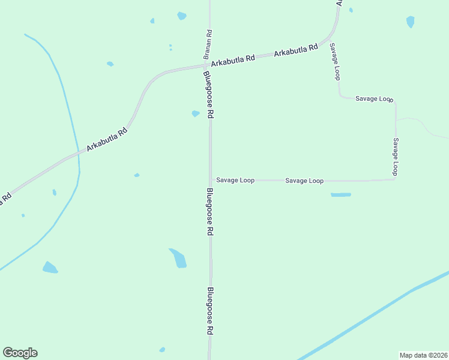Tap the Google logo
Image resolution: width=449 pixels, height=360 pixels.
pos(20,353)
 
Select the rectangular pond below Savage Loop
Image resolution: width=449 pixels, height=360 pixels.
pos(340,194)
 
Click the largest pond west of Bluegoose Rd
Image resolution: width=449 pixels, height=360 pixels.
pos(178,258)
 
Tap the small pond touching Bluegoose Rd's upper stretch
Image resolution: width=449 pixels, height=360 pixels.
pos(196,113)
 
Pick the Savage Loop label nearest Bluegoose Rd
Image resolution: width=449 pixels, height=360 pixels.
pos(235,180)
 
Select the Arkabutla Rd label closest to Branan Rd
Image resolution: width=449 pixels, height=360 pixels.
pos(232,60)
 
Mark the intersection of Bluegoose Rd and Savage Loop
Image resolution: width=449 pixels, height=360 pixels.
pos(211,180)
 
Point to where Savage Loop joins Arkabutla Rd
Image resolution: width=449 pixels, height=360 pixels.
pos(330,41)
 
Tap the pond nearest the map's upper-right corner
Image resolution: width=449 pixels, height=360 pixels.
pos(410,22)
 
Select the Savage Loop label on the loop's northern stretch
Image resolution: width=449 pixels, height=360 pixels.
pos(373,98)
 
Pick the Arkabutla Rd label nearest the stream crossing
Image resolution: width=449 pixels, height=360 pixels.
pos(106,139)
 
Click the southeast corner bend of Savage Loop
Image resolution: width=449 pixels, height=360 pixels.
pos(395,179)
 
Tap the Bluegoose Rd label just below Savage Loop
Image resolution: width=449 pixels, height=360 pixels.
pos(209,212)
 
